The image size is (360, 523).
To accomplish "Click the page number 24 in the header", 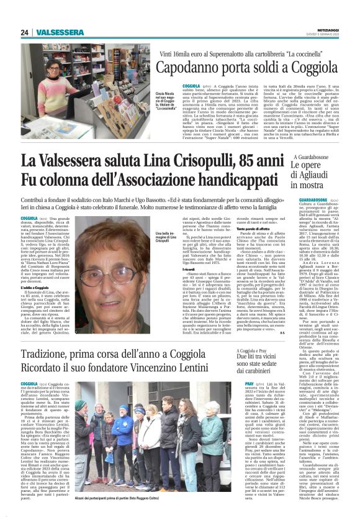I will click(25, 32).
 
